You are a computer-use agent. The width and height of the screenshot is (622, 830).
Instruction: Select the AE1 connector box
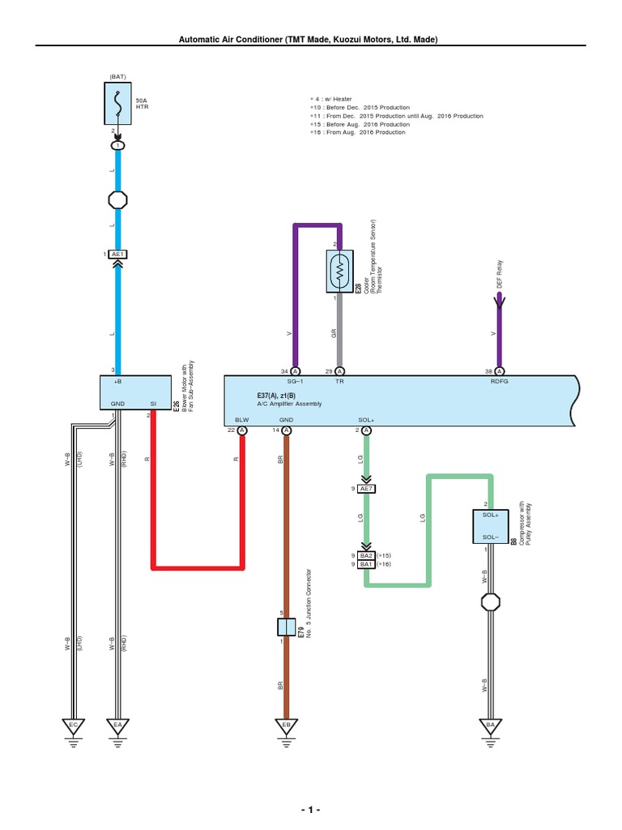(x=117, y=255)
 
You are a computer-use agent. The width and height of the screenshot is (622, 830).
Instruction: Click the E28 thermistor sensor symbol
(x=339, y=271)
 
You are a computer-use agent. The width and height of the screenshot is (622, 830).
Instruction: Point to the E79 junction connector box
(x=286, y=627)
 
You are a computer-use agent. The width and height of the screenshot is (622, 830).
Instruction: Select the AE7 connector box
(x=367, y=489)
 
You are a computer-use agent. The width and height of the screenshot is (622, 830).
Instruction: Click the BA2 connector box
(x=366, y=555)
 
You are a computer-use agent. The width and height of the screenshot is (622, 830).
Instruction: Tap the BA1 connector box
(x=366, y=564)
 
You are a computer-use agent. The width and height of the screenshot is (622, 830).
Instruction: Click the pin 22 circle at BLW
(x=242, y=430)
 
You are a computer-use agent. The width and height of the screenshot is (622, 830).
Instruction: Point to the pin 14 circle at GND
(x=286, y=430)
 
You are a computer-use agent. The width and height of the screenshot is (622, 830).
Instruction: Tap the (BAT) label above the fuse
(x=118, y=76)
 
